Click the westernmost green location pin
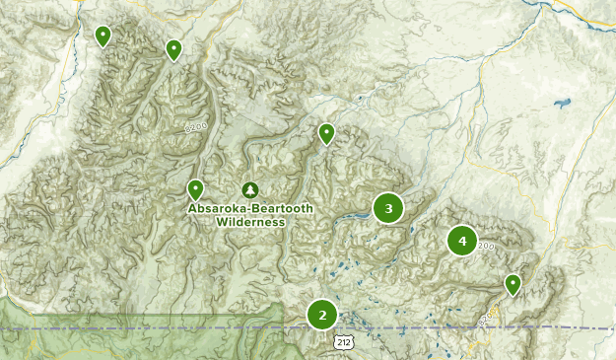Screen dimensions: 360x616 (x=103, y=36)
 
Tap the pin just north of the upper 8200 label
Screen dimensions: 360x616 (x=173, y=49)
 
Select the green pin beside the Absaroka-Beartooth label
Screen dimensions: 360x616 (x=195, y=189)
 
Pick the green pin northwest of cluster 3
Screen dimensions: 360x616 (x=326, y=133)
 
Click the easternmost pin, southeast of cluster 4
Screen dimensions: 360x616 (x=513, y=284)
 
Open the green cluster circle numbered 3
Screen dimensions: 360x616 (x=388, y=208)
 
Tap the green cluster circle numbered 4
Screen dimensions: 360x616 (x=461, y=241)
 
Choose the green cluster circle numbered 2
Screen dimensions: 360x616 (x=321, y=315)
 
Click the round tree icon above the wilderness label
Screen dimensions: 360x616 (x=250, y=189)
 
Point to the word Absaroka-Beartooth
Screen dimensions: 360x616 (x=250, y=209)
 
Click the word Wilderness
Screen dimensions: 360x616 (x=250, y=222)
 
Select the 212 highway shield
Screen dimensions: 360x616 (x=341, y=341)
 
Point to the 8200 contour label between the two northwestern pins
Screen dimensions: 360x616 (x=195, y=127)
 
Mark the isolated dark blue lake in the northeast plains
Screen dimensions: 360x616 (x=563, y=102)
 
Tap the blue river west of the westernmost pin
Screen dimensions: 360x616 (x=71, y=59)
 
